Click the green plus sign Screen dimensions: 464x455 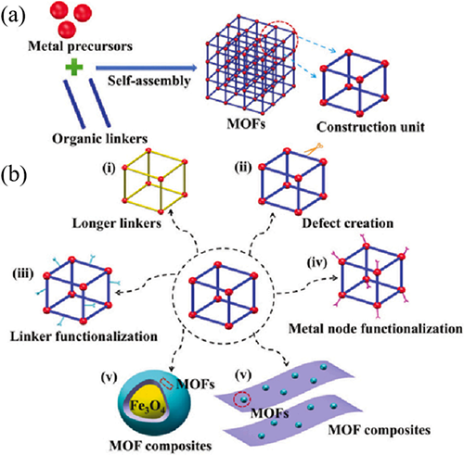pos(74,67)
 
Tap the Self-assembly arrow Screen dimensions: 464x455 pos(147,68)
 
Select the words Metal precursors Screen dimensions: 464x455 pos(81,46)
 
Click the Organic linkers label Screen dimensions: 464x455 pos(99,139)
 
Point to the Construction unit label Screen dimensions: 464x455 pos(370,127)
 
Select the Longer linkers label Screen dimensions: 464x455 pos(117,223)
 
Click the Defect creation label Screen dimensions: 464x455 pos(348,223)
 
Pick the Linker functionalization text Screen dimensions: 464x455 pos(84,336)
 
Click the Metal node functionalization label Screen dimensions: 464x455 pos(376,329)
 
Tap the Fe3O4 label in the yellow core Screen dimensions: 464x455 pos(148,405)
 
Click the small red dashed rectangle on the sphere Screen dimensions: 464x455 pos(166,384)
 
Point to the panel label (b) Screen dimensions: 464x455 pos(14,176)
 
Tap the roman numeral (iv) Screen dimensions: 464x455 pos(317,262)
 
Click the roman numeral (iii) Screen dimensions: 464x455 pos(23,274)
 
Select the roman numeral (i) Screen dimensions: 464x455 pos(109,169)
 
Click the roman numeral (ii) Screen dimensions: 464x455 pos(243,169)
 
